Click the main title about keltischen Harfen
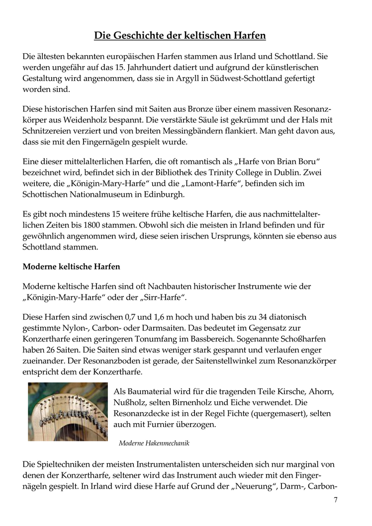click(x=180, y=35)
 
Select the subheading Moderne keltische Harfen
click(x=71, y=266)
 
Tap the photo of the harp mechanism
click(x=68, y=411)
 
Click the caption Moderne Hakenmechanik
click(x=154, y=443)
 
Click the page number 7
click(x=335, y=500)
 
